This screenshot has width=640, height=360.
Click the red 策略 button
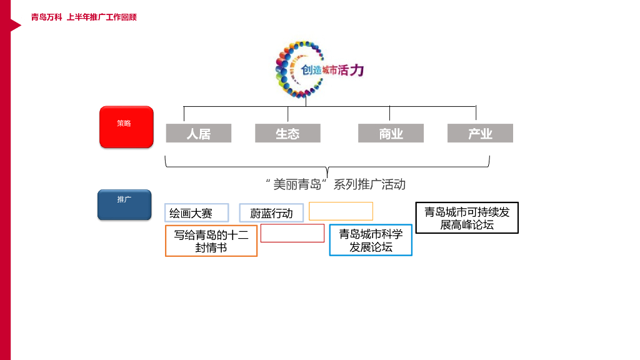126,127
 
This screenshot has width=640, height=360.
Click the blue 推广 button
124,204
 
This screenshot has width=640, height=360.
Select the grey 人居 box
199,133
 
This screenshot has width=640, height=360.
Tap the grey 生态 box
287,133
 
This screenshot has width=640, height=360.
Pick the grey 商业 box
391,133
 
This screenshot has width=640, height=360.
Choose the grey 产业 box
480,133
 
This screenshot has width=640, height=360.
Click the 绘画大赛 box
197,213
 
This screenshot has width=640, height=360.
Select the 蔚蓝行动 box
271,213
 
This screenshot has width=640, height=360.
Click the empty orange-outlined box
341,211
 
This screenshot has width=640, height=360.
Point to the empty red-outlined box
292,233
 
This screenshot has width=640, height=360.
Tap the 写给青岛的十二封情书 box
211,241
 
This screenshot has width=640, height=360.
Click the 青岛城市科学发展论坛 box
371,241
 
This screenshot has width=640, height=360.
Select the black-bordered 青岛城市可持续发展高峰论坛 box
467,218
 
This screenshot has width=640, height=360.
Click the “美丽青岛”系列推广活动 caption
336,184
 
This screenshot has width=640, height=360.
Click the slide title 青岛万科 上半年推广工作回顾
84,17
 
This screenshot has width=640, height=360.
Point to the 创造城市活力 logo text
332,70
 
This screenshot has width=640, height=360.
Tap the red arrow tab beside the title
14,25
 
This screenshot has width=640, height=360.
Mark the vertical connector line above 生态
287,114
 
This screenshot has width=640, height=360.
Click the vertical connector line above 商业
389,114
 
